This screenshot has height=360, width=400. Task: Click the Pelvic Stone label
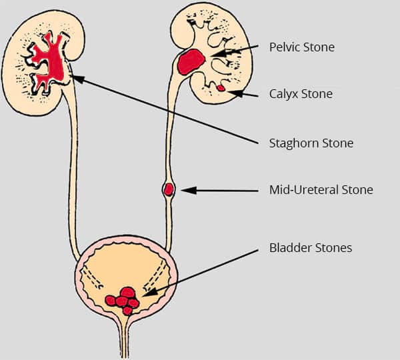[x=301, y=47]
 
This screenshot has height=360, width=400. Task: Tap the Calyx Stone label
[x=301, y=95]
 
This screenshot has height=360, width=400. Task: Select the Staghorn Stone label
[x=311, y=143]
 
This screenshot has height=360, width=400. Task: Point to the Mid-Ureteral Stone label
[x=321, y=190]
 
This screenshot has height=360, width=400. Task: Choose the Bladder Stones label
[x=310, y=248]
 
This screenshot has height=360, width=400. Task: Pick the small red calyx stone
[x=221, y=87]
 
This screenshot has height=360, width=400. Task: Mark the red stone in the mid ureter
[x=169, y=189]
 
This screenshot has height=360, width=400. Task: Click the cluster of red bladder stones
[x=123, y=299]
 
